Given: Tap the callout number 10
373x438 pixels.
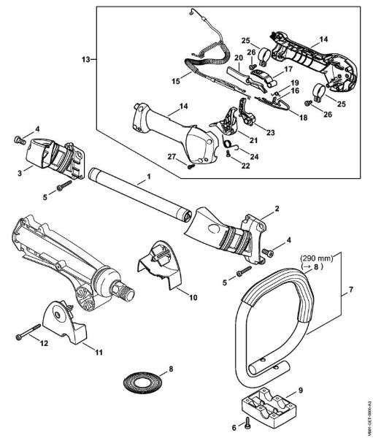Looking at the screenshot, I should click(x=193, y=299).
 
